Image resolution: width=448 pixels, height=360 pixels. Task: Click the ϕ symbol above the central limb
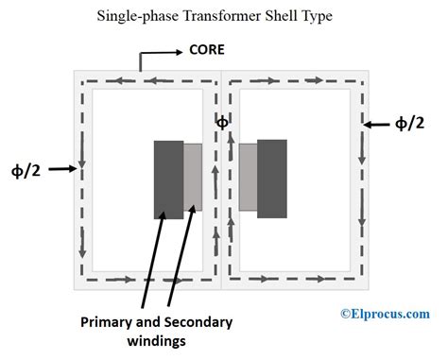pyautogui.click(x=222, y=122)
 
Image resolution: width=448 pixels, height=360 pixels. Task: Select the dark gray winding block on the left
pyautogui.click(x=168, y=180)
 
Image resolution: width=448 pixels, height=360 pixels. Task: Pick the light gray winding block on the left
pyautogui.click(x=193, y=177)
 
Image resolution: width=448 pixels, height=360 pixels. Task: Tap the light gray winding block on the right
pyautogui.click(x=248, y=177)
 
